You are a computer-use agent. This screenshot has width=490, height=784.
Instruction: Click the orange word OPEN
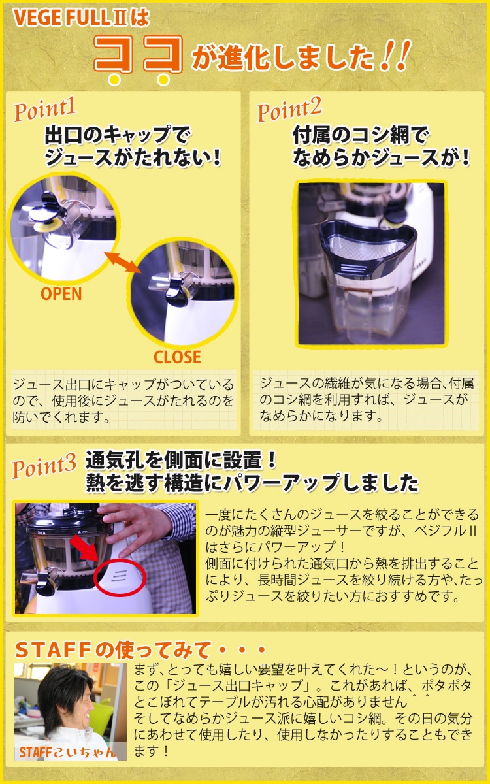click(x=61, y=293)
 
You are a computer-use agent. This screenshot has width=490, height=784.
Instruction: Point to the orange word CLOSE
click(x=177, y=357)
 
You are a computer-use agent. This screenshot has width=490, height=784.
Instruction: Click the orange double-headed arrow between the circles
click(x=123, y=262)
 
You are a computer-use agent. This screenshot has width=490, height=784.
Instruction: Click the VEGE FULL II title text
click(x=81, y=18)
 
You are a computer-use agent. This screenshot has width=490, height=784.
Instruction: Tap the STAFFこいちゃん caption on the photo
click(x=67, y=752)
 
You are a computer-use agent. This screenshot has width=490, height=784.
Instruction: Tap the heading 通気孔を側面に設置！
click(x=180, y=460)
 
